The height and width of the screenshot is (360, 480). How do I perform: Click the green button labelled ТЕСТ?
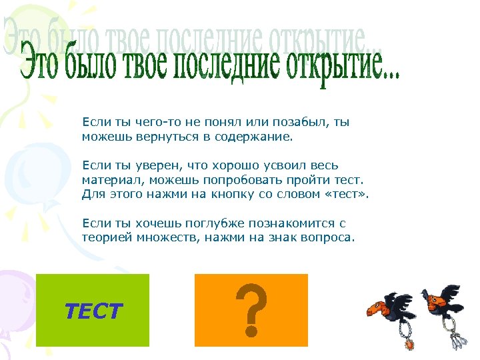pyautogui.click(x=93, y=310)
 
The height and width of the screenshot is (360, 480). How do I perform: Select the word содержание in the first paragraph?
pyautogui.click(x=257, y=137)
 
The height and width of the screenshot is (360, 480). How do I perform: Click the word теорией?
pyautogui.click(x=104, y=237)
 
